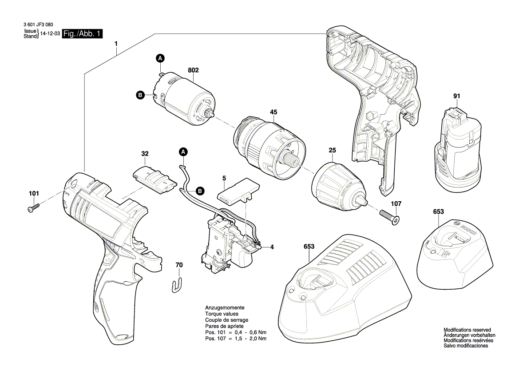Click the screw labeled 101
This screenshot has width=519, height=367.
coord(33,207)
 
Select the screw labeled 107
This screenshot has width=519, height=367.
coord(389,217)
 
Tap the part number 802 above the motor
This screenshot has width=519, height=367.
coord(193,70)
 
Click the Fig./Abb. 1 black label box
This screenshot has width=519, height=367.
coord(82,33)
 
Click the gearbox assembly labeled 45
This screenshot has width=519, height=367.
coord(269,148)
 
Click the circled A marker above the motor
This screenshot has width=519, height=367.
coord(160,58)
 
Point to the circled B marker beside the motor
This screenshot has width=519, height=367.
coord(140,96)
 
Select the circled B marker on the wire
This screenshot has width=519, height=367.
coord(200,191)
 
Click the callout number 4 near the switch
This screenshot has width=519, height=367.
coord(272,247)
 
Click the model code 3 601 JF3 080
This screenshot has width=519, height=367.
coord(38,25)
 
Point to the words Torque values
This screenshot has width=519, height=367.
coord(222,314)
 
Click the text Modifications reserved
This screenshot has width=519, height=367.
coord(467,330)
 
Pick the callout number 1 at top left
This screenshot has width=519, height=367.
coord(116,44)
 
